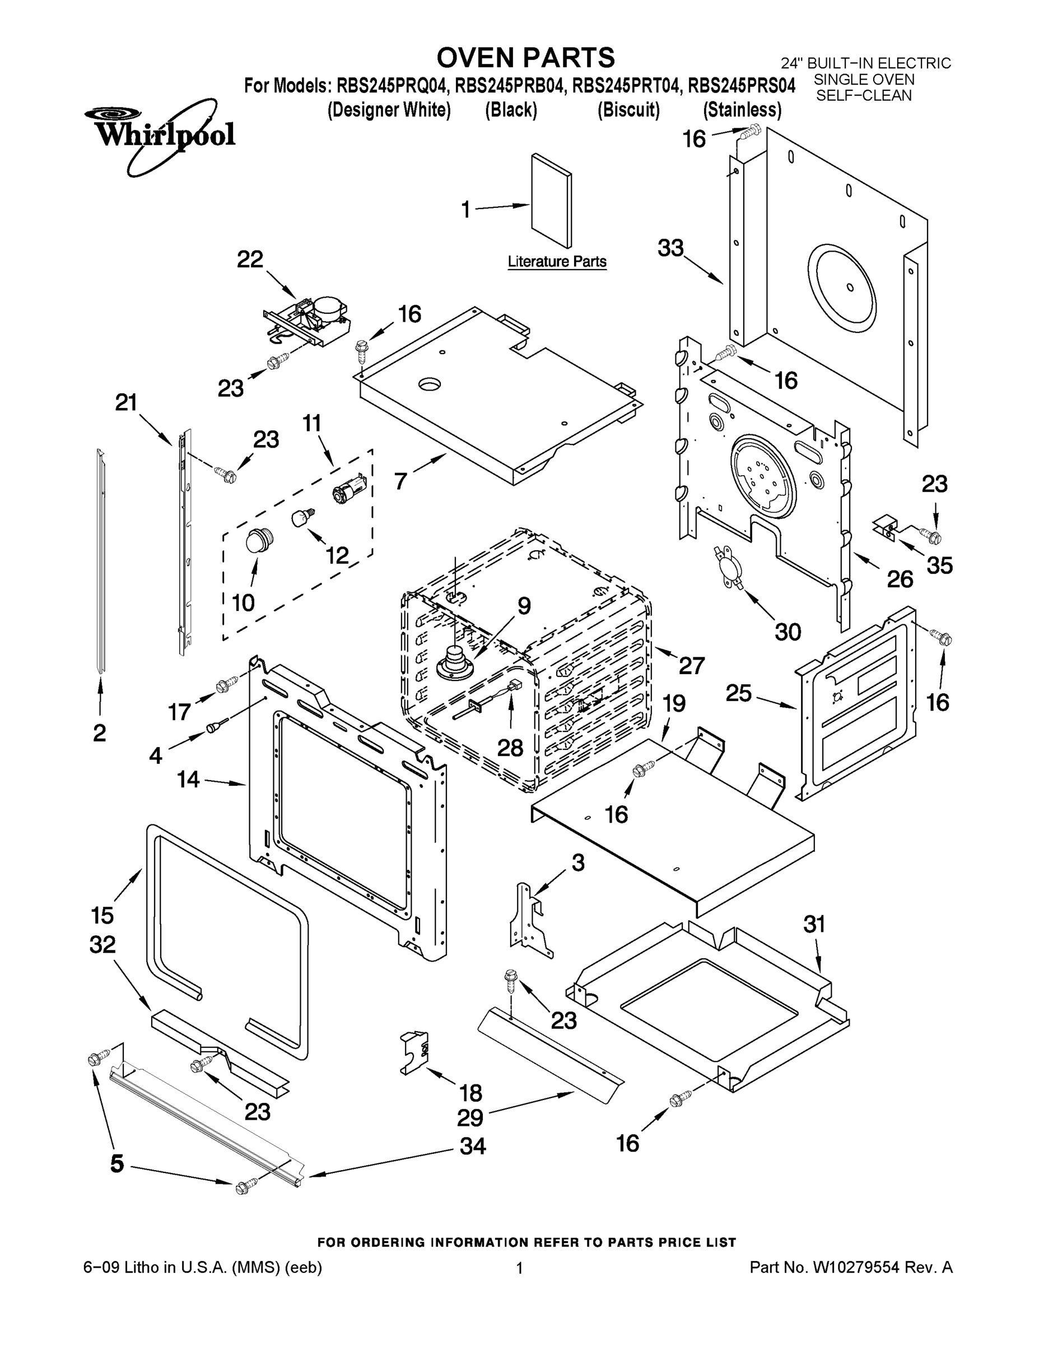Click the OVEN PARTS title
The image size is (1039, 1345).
pos(525,57)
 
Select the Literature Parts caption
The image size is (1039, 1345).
pos(556,262)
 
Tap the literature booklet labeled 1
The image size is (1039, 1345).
pos(552,201)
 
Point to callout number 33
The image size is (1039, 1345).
pos(671,248)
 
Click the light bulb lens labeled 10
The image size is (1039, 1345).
pos(255,541)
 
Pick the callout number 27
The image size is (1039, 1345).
pos(691,665)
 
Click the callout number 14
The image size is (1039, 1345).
pos(188,779)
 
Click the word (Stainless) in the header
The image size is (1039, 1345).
pos(742,110)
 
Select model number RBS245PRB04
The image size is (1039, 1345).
pos(510,86)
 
